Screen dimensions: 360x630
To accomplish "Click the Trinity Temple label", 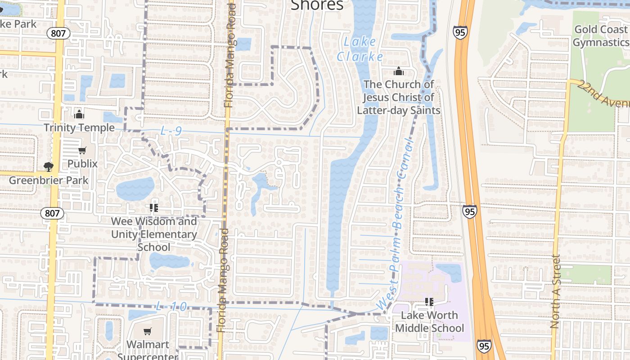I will [79, 128].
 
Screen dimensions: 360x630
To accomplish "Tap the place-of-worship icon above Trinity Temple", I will [79, 114].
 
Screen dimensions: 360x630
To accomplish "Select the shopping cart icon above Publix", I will [82, 151].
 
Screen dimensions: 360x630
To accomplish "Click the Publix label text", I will [82, 163].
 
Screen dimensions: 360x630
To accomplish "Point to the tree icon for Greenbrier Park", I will [49, 167].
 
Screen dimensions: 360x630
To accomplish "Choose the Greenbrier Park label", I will [49, 180].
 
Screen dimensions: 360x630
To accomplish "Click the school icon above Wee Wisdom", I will [153, 208].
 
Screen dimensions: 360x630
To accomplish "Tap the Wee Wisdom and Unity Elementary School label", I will [154, 234].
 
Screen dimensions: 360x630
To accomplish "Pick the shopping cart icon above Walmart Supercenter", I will [148, 332].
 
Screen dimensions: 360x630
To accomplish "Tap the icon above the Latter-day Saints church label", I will [398, 71].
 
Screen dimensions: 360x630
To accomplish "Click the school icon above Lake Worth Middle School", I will [429, 301].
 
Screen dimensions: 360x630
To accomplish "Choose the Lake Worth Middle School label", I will [429, 322].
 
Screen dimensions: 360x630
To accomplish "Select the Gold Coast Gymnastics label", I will [601, 36].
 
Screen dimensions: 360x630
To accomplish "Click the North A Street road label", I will [555, 292].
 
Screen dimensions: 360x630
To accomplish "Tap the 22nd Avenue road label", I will [603, 94].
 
